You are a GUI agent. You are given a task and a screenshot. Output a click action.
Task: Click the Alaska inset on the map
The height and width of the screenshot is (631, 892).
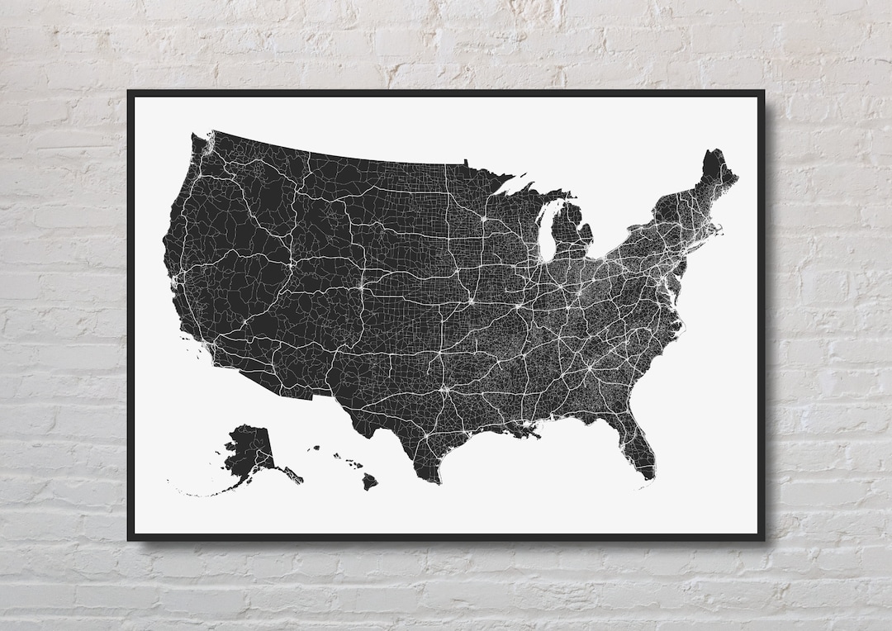pos(252,450)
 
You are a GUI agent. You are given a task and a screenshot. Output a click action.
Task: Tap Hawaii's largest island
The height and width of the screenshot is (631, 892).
pos(369,481)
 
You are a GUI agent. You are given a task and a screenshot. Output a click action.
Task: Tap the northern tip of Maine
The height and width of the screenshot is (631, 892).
pos(712,154)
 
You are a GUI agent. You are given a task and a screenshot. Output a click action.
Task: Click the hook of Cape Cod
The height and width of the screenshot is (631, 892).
pos(720,230)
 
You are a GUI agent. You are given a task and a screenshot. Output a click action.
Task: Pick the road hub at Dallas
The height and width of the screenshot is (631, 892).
pos(442,385)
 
